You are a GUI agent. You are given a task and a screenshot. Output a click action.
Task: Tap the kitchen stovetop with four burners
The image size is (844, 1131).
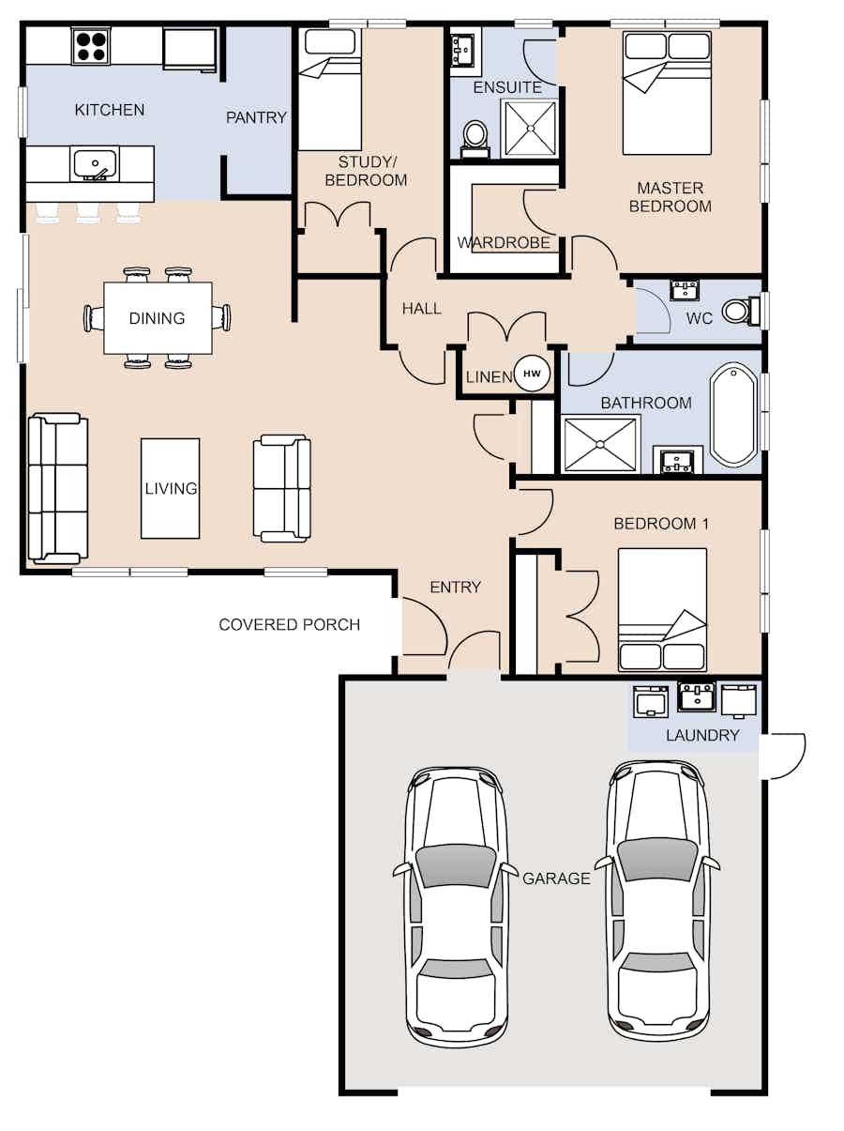point(91,46)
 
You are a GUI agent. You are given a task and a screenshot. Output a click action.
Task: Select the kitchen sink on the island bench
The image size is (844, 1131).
point(95,164)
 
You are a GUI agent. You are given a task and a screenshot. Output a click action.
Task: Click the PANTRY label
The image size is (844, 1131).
point(256,117)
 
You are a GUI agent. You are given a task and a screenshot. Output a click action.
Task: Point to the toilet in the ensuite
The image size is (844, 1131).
point(475,139)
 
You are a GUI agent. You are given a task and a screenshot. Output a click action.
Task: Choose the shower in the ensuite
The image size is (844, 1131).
point(530,128)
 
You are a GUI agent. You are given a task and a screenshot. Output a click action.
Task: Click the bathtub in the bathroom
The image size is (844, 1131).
point(733,415)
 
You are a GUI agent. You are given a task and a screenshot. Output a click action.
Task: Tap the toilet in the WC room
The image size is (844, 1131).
point(741,312)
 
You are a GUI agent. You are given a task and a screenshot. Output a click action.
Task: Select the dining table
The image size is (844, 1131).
point(158,318)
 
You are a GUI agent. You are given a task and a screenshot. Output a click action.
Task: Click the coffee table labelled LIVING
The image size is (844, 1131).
point(171,488)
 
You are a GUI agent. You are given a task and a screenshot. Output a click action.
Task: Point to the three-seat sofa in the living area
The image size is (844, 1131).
point(57,488)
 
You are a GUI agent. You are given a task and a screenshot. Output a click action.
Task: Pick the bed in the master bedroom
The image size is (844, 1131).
point(667,93)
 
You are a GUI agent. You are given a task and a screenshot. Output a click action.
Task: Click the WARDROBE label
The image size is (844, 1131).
point(504,243)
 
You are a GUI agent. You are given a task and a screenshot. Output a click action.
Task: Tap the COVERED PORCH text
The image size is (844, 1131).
point(289,624)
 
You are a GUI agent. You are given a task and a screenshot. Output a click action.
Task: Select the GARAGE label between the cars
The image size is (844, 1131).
point(556,878)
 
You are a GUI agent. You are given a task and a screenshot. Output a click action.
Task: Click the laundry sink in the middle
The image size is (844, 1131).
point(696,696)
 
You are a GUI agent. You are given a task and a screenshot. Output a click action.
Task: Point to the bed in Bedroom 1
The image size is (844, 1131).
point(662,610)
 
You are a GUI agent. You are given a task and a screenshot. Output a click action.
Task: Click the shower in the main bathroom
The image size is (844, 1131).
point(600,444)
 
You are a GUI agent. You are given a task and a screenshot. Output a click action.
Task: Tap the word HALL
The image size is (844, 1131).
point(421,309)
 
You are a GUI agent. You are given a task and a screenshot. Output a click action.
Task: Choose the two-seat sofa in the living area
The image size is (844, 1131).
point(282,488)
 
